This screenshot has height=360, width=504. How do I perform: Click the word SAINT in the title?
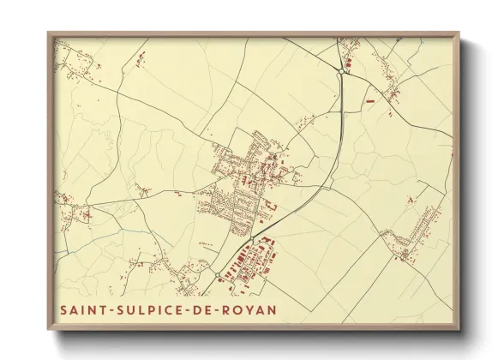click(x=79, y=309)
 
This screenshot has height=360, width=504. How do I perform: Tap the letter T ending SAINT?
click(x=99, y=309)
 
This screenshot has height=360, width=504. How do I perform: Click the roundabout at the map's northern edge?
click(x=341, y=72)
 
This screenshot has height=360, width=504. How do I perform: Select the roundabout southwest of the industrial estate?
click(x=218, y=275)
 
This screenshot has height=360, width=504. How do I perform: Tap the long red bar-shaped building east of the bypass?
click(x=370, y=102)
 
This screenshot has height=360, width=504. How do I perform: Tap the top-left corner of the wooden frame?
click(x=50, y=35)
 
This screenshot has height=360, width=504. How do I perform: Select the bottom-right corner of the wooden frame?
click(x=458, y=328)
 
